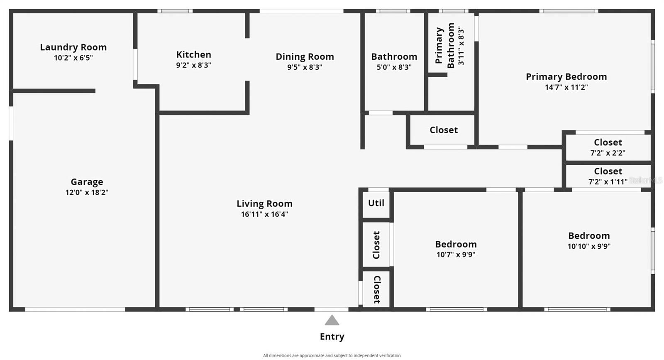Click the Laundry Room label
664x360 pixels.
point(73,47)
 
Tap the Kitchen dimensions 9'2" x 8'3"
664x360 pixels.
point(193,65)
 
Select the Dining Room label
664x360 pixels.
point(305,56)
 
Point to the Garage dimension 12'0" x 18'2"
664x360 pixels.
point(87,192)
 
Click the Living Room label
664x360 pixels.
point(264,204)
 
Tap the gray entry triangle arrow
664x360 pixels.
point(332,320)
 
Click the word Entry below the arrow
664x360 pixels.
point(332,337)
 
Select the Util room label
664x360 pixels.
point(376,203)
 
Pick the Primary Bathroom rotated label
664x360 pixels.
point(444,46)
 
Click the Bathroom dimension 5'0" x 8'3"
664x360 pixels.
point(394,67)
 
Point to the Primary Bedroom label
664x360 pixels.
point(566,77)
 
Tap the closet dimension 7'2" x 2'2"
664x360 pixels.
point(608,153)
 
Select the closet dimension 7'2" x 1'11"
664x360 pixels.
point(608,181)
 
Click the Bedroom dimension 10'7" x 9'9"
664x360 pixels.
point(456,255)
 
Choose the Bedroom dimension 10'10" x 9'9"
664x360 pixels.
point(589,246)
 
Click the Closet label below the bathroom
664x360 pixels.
point(444,130)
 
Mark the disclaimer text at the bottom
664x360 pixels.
point(332,355)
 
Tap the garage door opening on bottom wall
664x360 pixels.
point(75,309)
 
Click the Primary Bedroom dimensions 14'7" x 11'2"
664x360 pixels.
point(566,87)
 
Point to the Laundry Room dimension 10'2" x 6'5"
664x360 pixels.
point(73,58)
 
